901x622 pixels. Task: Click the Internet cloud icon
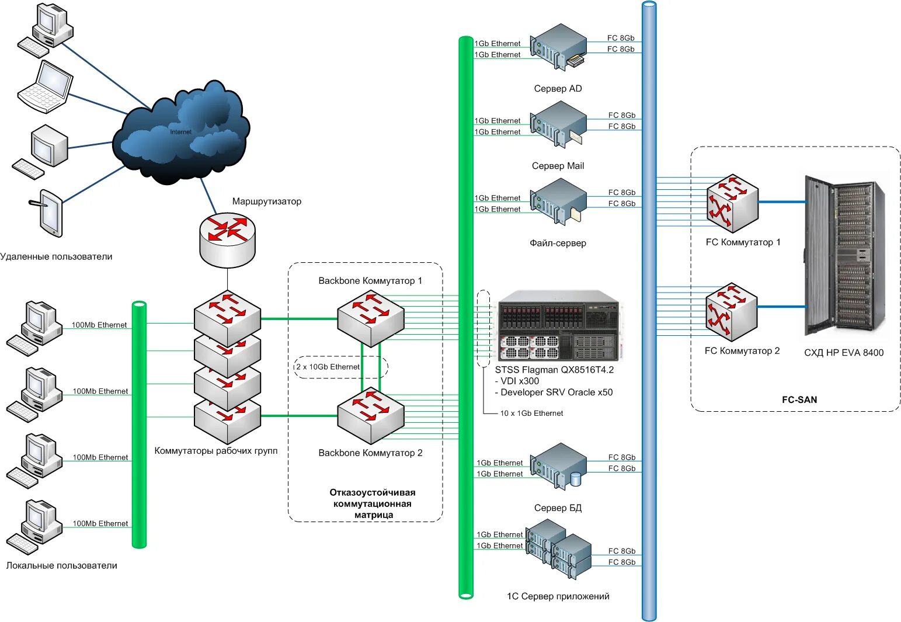click(x=181, y=133)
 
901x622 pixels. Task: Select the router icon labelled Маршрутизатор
click(x=227, y=240)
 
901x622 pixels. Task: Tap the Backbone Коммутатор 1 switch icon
click(x=370, y=319)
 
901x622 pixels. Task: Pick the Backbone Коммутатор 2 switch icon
click(x=370, y=416)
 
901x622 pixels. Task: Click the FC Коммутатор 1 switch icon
click(x=732, y=203)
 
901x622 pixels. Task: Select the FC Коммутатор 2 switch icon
click(x=732, y=312)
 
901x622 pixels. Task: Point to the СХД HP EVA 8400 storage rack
click(x=845, y=255)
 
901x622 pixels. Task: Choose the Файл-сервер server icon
click(x=558, y=201)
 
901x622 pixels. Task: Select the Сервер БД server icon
click(x=558, y=466)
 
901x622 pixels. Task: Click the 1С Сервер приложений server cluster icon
click(x=559, y=549)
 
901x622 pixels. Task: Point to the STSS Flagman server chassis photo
click(x=559, y=325)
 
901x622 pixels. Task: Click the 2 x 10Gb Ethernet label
click(x=328, y=367)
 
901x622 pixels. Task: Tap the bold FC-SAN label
click(x=799, y=399)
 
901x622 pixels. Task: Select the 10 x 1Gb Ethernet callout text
click(x=531, y=413)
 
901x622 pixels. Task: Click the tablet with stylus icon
click(x=47, y=213)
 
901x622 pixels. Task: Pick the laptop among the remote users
click(x=46, y=87)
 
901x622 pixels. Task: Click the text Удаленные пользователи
click(x=56, y=257)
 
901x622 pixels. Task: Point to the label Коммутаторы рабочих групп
click(x=216, y=451)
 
